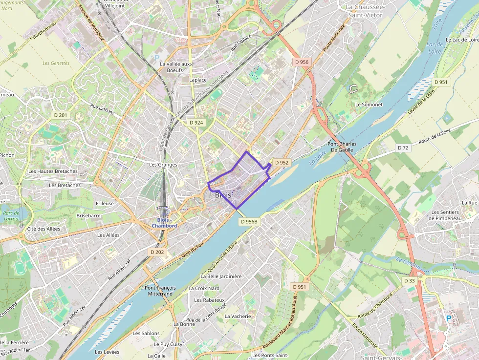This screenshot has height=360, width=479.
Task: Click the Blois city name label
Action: pos(223,195)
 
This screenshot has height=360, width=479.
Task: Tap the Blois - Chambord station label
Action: pos(164,223)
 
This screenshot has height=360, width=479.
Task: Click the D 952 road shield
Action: pos(282,163)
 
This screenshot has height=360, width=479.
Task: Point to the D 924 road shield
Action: pos(196,123)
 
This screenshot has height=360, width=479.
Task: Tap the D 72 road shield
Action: pos(403,148)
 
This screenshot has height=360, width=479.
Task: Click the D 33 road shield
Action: pos(409,281)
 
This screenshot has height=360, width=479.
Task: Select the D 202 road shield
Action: pos(157,252)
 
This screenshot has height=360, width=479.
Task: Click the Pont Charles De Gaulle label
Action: pos(342,147)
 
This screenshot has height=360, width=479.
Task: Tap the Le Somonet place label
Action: pos(369,105)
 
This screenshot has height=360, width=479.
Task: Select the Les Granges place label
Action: pos(163,165)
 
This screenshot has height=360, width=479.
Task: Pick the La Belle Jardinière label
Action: pos(221,276)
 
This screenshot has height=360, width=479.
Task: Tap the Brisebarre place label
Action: pos(88,215)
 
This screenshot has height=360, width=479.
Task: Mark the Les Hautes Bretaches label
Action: pos(53,171)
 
